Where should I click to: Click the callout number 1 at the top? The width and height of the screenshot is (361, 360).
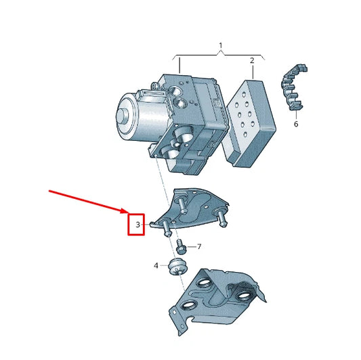220,46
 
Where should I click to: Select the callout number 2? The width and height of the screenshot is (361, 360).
252,60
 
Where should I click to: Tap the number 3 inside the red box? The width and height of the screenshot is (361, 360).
137,224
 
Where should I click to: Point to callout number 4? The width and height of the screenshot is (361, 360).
156,266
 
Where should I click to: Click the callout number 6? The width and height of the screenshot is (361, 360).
295,125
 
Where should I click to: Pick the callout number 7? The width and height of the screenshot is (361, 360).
199,247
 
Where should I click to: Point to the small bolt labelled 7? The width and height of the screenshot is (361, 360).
182,246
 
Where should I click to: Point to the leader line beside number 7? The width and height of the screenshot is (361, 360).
190,247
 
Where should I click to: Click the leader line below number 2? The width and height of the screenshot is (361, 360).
252,72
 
